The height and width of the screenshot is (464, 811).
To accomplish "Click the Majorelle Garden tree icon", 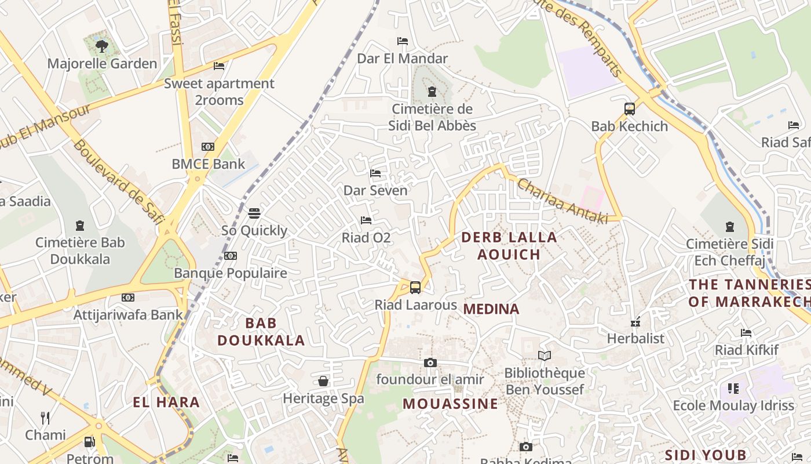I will point(102,46).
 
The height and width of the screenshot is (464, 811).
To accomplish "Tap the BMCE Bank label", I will point(209,164).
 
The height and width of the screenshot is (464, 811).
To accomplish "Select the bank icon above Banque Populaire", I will point(231,256).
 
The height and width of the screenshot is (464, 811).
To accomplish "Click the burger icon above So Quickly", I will point(254,213).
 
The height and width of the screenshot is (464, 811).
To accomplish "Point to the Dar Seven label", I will point(375,190).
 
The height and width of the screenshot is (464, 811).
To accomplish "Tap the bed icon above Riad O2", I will point(366,220).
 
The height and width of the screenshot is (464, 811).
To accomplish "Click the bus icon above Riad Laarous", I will point(415,287).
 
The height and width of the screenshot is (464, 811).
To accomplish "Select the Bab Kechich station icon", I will point(630,108).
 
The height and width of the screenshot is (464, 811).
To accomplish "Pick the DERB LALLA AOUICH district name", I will point(509,245).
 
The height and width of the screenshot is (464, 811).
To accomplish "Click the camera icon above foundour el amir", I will point(430,362).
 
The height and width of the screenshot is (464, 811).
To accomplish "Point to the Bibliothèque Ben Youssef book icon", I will point(544,356).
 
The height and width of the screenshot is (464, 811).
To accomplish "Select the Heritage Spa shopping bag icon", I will point(323,381).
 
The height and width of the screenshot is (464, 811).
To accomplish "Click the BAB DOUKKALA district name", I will point(261,332).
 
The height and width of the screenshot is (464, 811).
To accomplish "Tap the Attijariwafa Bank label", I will point(128,315).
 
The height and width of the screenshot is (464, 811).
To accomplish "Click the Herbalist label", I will point(635,338).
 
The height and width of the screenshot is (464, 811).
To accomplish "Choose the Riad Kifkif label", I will point(744,350).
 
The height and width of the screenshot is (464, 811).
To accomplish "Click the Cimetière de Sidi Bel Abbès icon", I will point(432,92).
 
